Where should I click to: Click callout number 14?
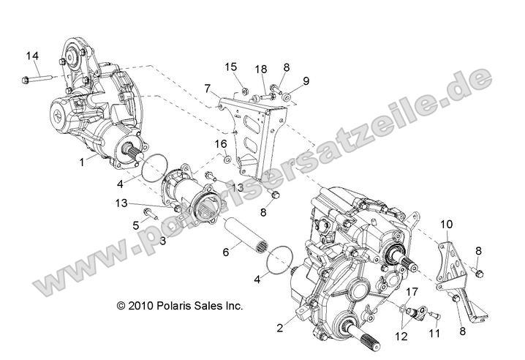[x=32, y=56]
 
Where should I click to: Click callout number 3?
[x=163, y=239]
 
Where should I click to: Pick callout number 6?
[x=226, y=251]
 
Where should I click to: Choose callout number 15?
[x=231, y=67]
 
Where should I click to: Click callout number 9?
[x=306, y=81]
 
